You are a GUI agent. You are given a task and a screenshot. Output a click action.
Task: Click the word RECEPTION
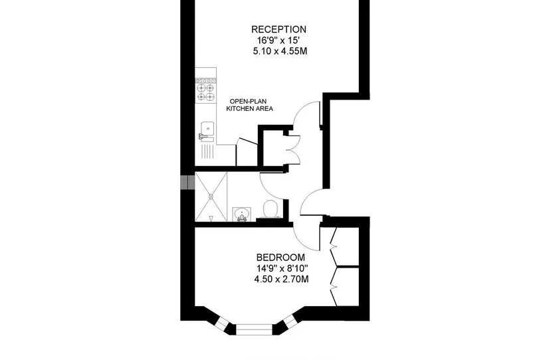pos(278,29)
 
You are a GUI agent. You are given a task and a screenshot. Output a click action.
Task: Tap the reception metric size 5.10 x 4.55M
pos(280,51)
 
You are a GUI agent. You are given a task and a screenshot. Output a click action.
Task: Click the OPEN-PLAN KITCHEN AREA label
pos(249,105)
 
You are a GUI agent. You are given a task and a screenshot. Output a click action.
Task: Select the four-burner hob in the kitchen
pos(205,90)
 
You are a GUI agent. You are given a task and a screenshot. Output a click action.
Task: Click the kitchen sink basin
pos(207,129)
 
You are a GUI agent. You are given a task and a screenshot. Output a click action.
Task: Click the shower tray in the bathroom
pos(211,197)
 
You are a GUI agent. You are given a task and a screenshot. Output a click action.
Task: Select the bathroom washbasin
pos(241,214)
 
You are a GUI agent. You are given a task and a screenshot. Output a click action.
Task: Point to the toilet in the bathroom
pos(270,209)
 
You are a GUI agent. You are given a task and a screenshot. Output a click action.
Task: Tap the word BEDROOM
pos(280,258)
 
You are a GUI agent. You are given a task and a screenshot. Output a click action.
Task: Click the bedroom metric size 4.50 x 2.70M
pos(281,279)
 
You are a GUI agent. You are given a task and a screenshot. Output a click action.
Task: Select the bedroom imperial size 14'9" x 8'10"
pos(282,268)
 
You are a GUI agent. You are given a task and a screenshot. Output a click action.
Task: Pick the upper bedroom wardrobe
pos(345,246)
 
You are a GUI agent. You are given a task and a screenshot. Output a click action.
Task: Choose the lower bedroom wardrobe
pos(345,286)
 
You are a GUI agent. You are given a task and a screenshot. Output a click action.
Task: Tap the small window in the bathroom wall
pos(188,183)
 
